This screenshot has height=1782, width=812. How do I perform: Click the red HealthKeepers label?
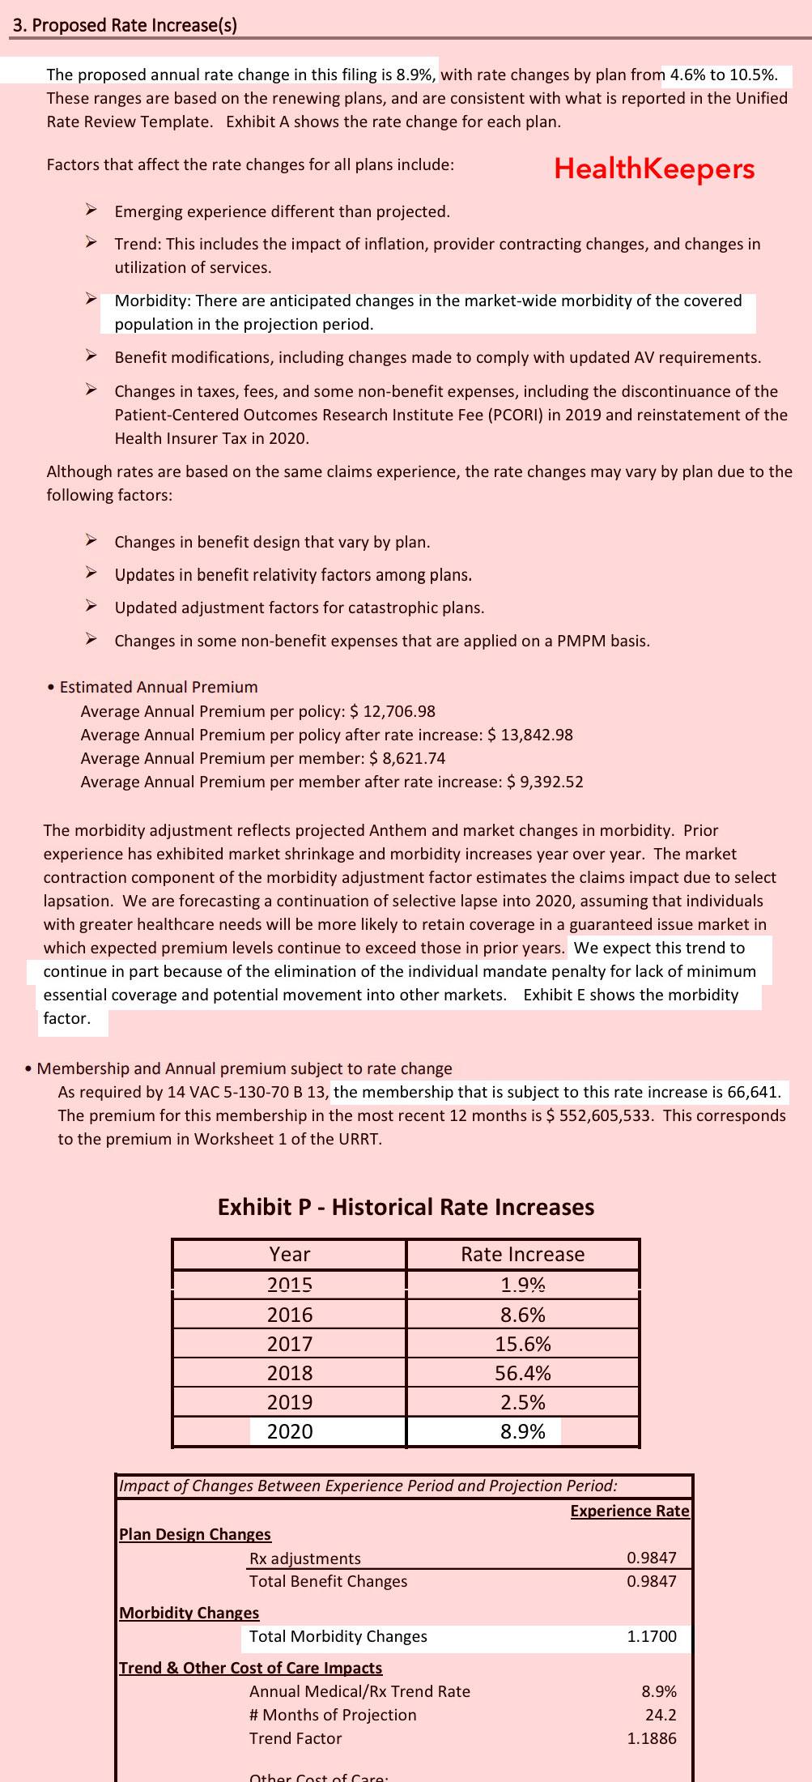coord(654,168)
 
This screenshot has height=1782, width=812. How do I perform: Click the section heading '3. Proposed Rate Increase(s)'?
coord(125,25)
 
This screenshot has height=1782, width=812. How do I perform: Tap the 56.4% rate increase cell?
coord(523,1373)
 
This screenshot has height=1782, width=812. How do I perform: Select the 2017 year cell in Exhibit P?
coord(290,1344)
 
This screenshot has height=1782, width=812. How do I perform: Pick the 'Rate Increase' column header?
coord(523,1254)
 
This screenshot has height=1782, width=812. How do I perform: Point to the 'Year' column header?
coord(290,1254)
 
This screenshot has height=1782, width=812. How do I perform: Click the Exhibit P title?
coord(406,1207)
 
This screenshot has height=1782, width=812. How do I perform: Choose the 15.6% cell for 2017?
coord(523,1344)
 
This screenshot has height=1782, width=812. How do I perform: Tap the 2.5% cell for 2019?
coord(523,1402)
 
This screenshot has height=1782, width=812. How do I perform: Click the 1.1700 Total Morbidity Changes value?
coord(652,1636)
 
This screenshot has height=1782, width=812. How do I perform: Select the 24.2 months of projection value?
coord(661,1715)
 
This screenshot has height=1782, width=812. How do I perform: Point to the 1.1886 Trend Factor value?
coord(652,1738)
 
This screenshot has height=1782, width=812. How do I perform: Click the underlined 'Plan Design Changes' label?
coord(195,1534)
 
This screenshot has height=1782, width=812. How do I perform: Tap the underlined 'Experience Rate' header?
coord(630,1511)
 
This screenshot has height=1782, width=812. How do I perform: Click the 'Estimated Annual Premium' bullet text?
coord(159,687)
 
